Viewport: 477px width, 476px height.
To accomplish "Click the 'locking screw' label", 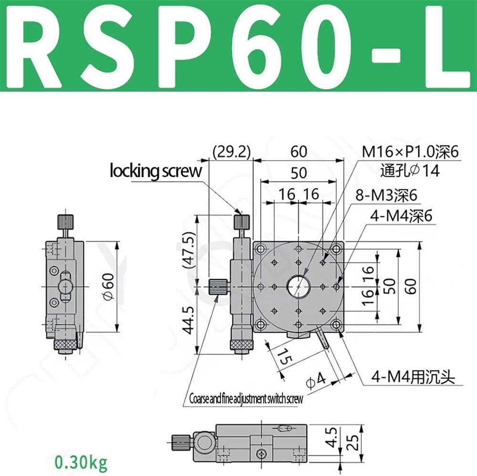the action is [x=156, y=171].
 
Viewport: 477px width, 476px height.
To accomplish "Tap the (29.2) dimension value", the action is [x=232, y=152].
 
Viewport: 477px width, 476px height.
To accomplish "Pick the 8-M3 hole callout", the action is [x=386, y=195].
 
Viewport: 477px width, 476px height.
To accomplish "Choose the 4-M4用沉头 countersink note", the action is [x=413, y=377].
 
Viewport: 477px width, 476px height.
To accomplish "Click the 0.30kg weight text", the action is [x=81, y=462].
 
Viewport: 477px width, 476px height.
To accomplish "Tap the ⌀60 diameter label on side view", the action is [x=109, y=286].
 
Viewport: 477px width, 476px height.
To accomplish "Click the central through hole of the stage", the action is [x=299, y=286].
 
